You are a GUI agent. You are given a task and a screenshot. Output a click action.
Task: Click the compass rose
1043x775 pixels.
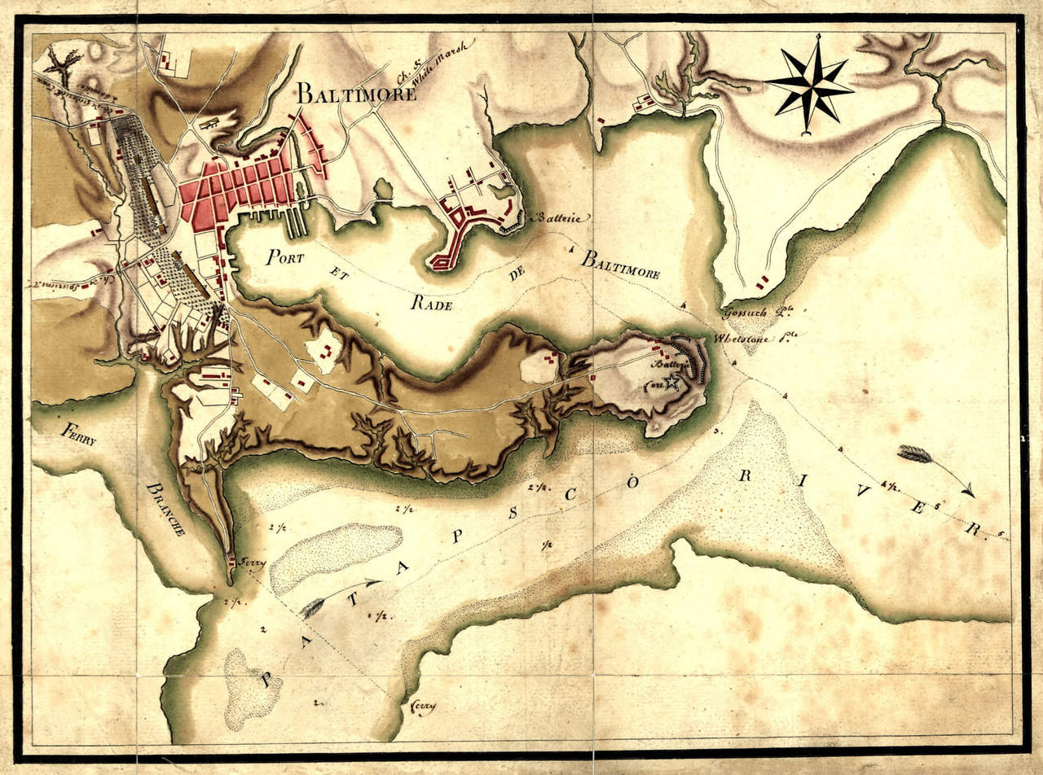(x=808, y=82)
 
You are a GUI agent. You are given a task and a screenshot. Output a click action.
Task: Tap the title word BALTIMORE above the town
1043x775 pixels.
(x=356, y=92)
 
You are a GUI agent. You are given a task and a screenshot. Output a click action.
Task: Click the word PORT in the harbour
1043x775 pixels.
(x=284, y=257)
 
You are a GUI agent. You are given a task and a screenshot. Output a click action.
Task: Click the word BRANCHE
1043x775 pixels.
(x=166, y=509)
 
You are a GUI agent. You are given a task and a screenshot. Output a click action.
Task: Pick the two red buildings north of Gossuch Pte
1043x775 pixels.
(x=762, y=282)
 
